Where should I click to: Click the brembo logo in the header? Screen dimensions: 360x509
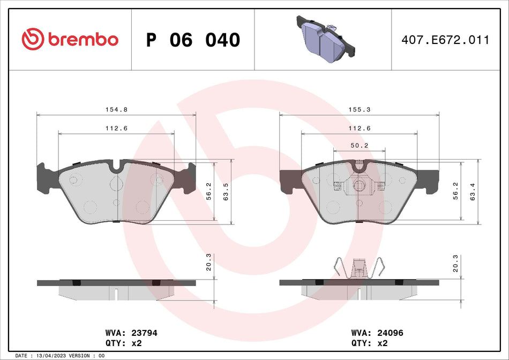(x=70, y=39)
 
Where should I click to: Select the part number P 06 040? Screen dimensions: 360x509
(x=193, y=40)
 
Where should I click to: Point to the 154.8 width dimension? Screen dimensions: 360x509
(x=116, y=109)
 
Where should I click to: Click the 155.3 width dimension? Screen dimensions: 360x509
(x=359, y=109)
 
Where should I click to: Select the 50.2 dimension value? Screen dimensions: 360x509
(x=359, y=145)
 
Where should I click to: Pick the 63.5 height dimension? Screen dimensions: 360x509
(x=226, y=192)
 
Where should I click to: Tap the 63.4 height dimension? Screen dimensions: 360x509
(x=473, y=191)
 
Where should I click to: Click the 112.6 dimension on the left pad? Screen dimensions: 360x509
(x=116, y=128)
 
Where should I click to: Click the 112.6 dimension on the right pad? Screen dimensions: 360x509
(x=359, y=128)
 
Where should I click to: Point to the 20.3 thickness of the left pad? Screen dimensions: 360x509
(x=209, y=263)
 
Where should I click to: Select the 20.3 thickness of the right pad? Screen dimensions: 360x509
(x=456, y=263)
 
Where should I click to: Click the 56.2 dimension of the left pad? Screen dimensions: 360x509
(x=209, y=192)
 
